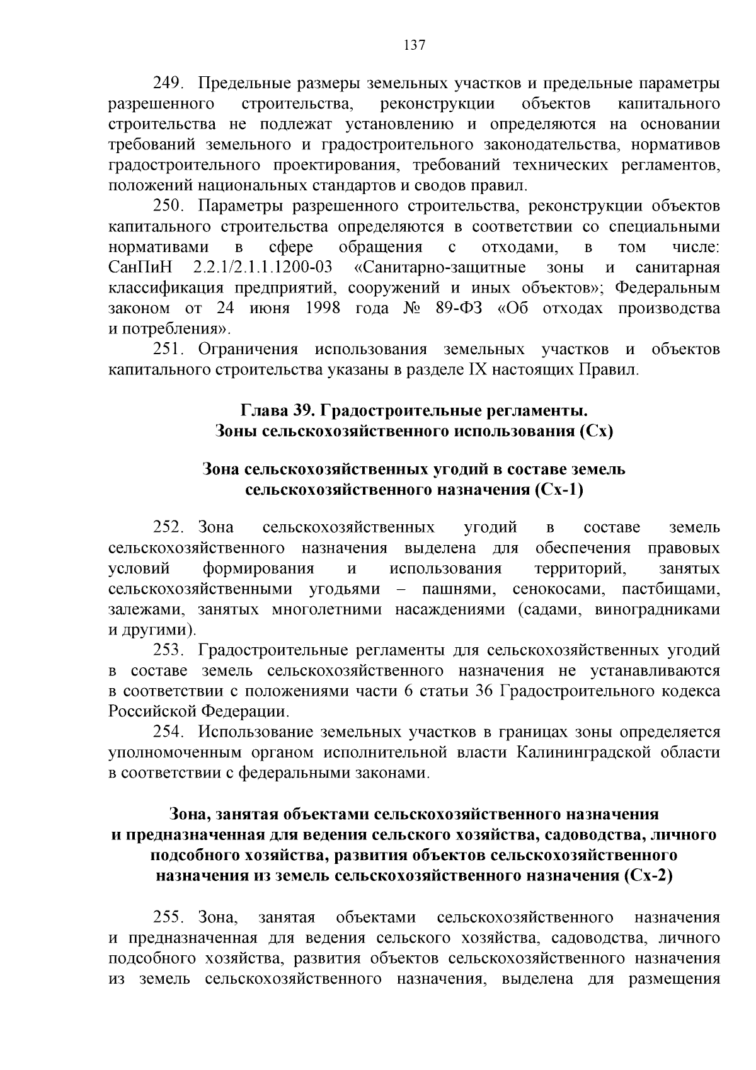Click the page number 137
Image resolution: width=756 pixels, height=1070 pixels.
[414, 45]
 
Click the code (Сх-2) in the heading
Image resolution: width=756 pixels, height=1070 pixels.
[648, 875]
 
